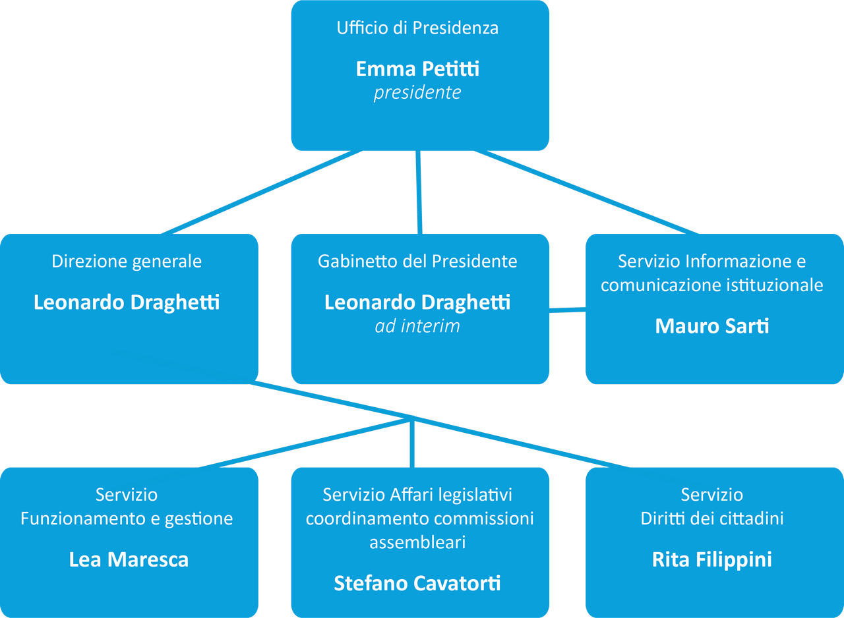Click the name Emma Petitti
(417, 69)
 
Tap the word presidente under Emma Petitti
(417, 93)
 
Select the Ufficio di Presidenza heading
(417, 28)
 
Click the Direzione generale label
(127, 262)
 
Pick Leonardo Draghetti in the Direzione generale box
(127, 302)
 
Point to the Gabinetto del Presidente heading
(417, 262)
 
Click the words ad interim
(417, 326)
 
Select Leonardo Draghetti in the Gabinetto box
(417, 302)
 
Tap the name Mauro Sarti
(712, 326)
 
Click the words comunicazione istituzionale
(712, 285)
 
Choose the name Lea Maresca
(129, 560)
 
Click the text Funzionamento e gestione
(127, 519)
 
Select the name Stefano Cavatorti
(417, 583)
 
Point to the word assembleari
(417, 542)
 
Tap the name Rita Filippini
(712, 560)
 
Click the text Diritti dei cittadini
(712, 519)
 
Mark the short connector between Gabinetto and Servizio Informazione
(567, 309)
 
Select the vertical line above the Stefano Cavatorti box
(412, 445)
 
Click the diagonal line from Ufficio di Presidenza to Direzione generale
(260, 192)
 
